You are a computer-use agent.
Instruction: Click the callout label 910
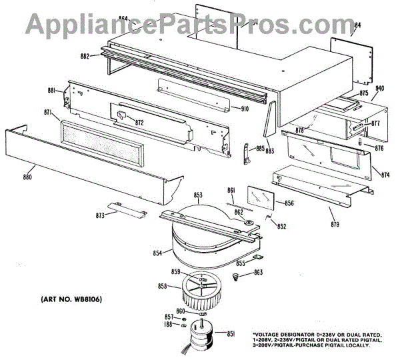245,109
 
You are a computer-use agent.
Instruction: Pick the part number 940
381,88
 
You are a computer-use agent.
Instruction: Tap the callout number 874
385,175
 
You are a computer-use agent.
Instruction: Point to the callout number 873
101,216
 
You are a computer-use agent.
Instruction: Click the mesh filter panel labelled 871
100,143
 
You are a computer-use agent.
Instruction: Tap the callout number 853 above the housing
198,195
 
